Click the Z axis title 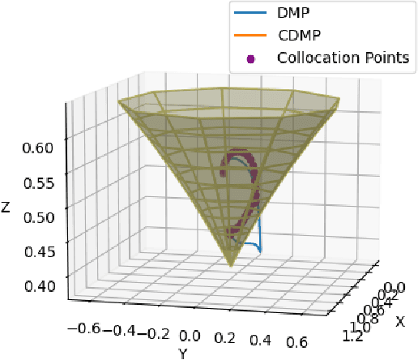pyautogui.click(x=6, y=208)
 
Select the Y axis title pyautogui.click(x=183, y=354)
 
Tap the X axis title pyautogui.click(x=399, y=321)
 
